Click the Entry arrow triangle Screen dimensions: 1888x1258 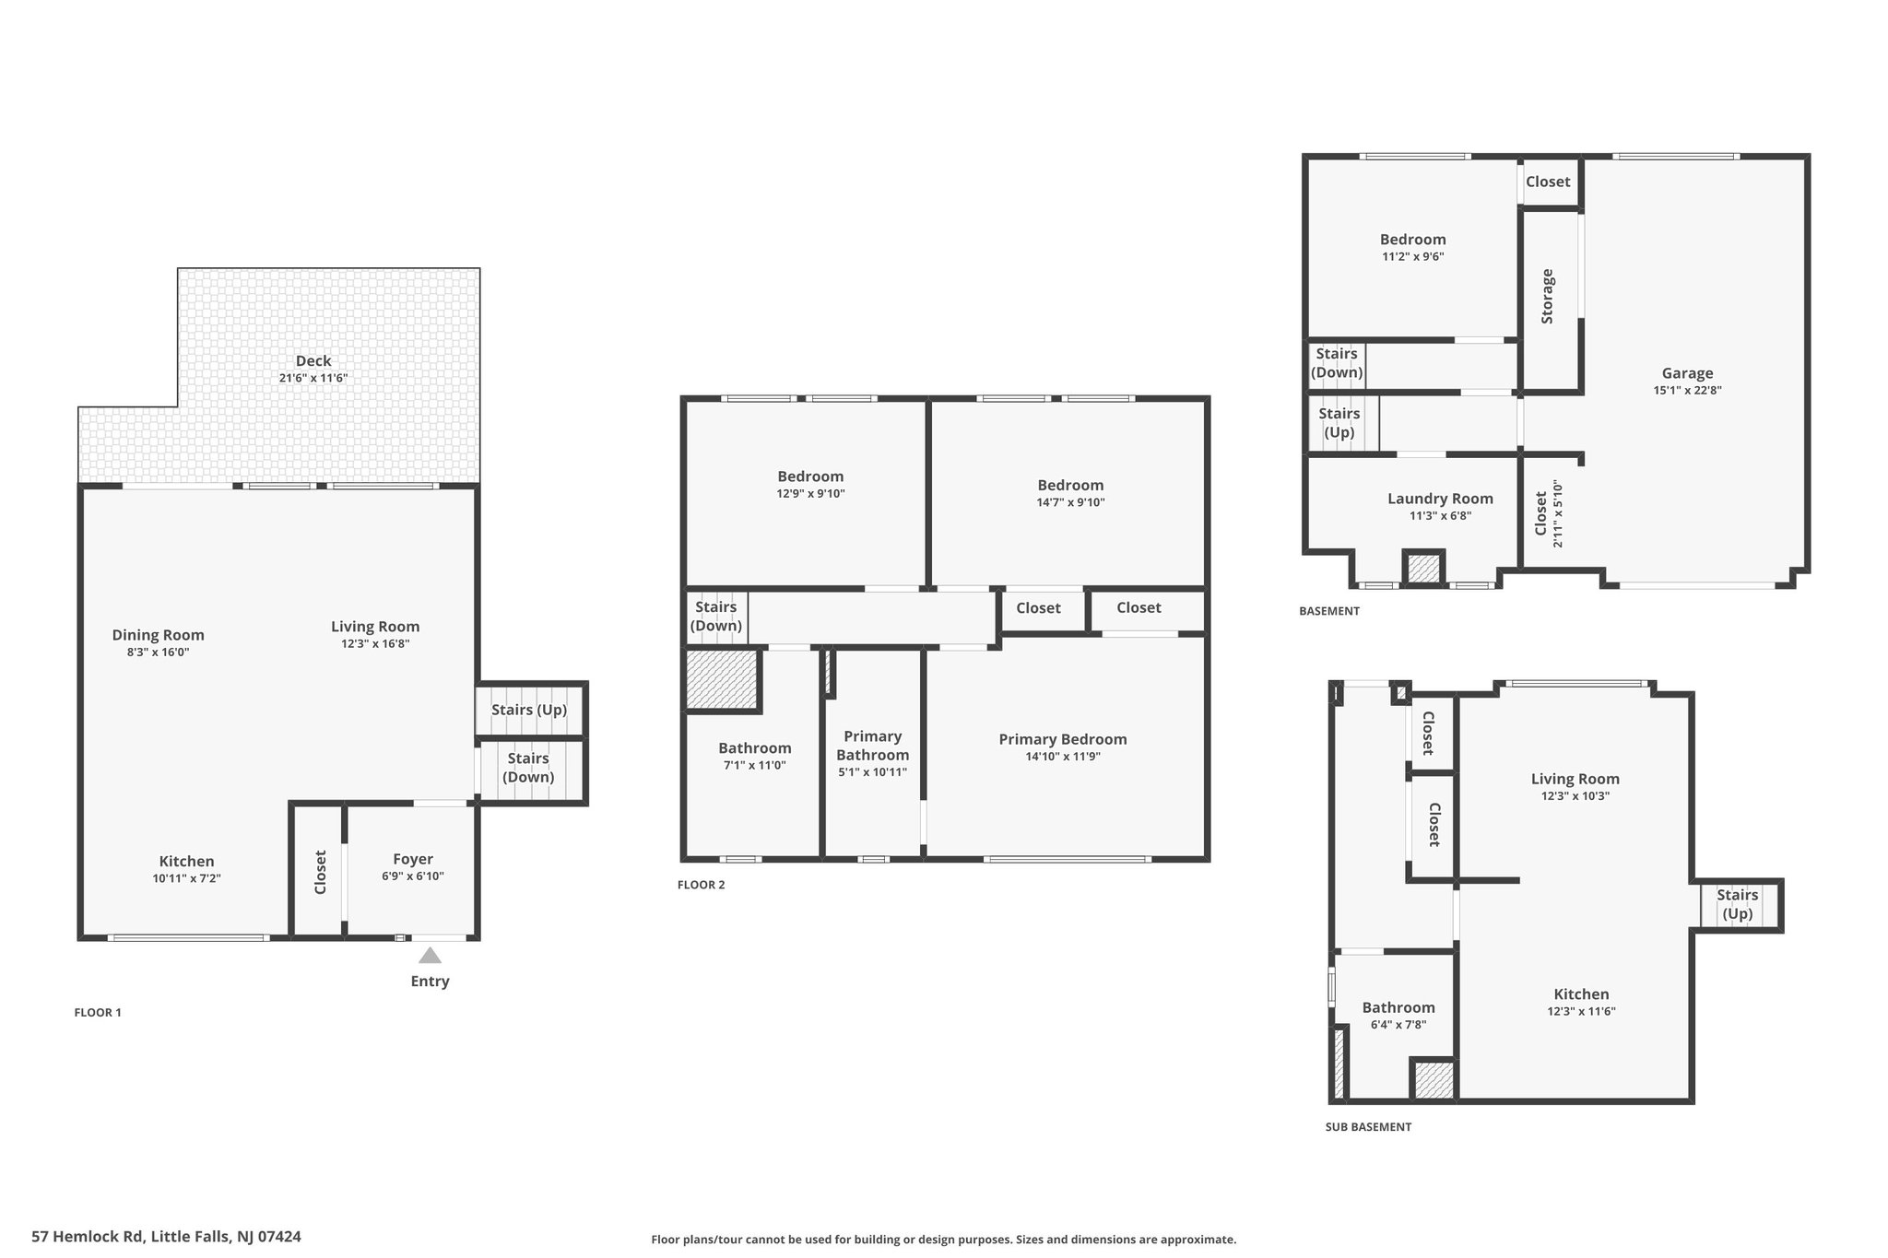pyautogui.click(x=430, y=956)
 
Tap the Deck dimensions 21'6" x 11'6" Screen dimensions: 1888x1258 pyautogui.click(x=313, y=378)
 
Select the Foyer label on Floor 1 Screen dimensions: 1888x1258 pyautogui.click(x=413, y=859)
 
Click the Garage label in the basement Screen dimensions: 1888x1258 pyautogui.click(x=1687, y=373)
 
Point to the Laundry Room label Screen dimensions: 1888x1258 pyautogui.click(x=1440, y=499)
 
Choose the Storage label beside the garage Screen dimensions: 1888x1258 pyautogui.click(x=1548, y=297)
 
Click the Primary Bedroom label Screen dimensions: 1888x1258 pyautogui.click(x=1063, y=739)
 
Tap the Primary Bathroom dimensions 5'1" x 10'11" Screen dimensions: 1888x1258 pyautogui.click(x=872, y=772)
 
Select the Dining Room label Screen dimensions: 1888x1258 pyautogui.click(x=159, y=635)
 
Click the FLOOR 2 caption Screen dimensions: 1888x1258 pyautogui.click(x=702, y=885)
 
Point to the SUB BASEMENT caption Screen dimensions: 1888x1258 pyautogui.click(x=1368, y=1126)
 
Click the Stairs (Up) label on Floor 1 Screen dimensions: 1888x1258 pyautogui.click(x=529, y=710)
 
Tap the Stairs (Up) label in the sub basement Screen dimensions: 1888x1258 pyautogui.click(x=1738, y=904)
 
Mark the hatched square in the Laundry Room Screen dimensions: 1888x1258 pyautogui.click(x=1423, y=568)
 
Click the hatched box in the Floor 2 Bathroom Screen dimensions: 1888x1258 pyautogui.click(x=722, y=680)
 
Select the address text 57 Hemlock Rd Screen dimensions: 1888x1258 pyautogui.click(x=87, y=1237)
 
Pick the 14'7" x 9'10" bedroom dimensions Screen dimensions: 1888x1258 pyautogui.click(x=1070, y=502)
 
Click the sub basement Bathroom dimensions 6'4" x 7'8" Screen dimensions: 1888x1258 pyautogui.click(x=1398, y=1025)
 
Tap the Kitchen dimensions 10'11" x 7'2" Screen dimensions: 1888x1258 pyautogui.click(x=187, y=878)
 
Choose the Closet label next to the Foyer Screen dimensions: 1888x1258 pyautogui.click(x=321, y=872)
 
